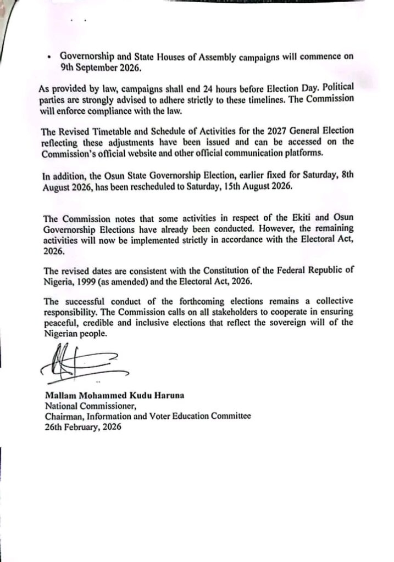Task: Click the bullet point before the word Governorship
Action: pyautogui.click(x=49, y=57)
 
